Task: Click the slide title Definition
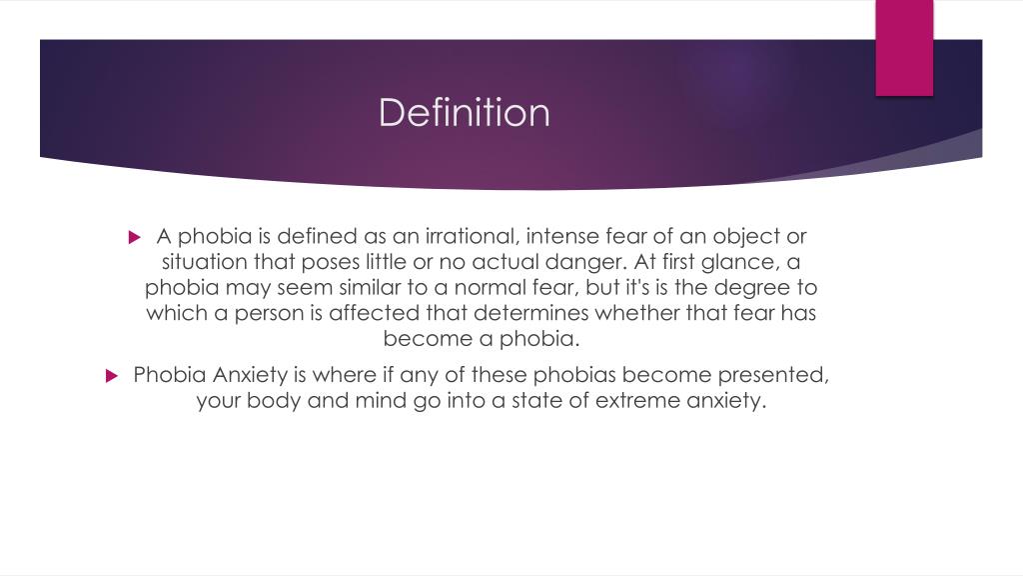point(464,112)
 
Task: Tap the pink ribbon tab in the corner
point(904,47)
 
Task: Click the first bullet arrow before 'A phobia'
point(137,238)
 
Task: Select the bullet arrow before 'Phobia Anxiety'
point(112,377)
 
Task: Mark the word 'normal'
point(475,287)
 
